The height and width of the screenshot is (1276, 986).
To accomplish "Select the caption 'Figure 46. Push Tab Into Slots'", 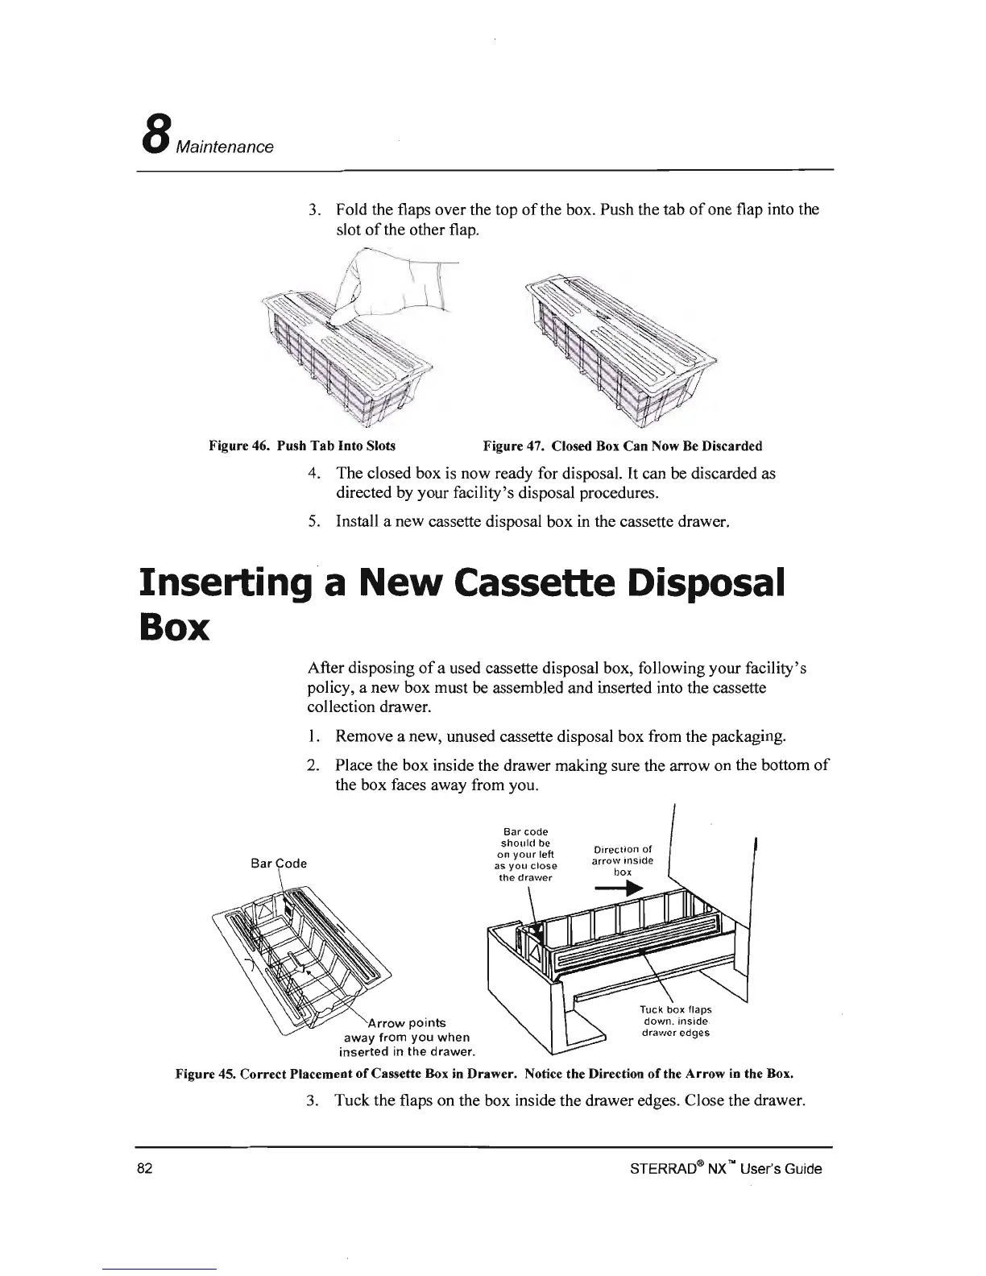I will tap(302, 445).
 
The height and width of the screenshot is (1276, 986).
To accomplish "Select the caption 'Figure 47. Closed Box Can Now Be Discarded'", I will tap(622, 445).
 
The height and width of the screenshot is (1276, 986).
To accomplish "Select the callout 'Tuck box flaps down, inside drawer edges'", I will tap(676, 1021).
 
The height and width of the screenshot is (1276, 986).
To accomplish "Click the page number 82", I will tap(144, 1169).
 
